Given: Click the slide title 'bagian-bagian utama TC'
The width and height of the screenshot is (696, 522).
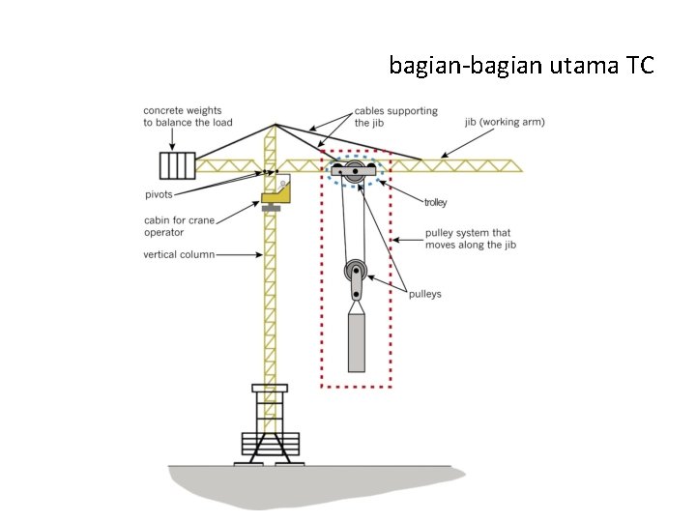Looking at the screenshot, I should point(521,66).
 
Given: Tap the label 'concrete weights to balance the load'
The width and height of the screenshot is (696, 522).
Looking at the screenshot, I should point(188,116).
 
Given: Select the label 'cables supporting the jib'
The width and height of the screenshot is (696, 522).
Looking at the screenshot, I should point(395,117).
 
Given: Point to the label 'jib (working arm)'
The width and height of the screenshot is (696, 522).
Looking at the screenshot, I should point(504,122).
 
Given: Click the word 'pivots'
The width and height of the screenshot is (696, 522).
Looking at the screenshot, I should point(160,194).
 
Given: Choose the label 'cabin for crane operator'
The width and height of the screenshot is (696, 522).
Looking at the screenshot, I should point(178,226).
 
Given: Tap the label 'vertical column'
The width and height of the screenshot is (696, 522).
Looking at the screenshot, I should point(178,255).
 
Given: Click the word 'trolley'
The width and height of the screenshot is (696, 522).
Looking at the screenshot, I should point(435,202).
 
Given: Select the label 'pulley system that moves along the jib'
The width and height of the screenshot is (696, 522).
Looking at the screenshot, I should point(468,239).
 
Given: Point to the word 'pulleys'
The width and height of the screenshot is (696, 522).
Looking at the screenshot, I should point(425,294).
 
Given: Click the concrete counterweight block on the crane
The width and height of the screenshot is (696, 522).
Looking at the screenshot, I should point(177,165).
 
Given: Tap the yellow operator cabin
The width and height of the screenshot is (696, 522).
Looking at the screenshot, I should point(276,197).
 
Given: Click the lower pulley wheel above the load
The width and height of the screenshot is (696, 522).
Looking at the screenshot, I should point(356,272).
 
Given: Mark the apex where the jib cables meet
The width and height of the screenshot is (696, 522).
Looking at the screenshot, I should point(275,124).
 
